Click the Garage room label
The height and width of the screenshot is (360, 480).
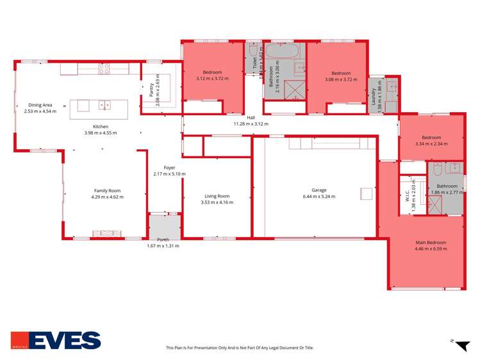tap(319, 190)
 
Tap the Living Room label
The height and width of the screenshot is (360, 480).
tap(217, 196)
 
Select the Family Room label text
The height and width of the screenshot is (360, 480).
tap(108, 191)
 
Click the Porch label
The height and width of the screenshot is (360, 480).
tap(163, 240)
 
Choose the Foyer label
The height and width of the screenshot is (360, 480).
tap(169, 168)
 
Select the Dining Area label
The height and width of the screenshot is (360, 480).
tap(40, 105)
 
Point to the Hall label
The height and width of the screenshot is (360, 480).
tap(251, 118)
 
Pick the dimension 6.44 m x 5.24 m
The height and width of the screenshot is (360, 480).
tap(319, 197)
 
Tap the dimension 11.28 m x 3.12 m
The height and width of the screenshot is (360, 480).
tap(251, 124)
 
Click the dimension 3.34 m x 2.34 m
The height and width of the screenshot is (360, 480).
tap(431, 144)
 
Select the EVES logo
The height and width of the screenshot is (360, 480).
tap(56, 340)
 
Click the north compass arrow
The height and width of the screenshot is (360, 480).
tap(461, 347)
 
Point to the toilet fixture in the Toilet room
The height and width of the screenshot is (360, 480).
tap(253, 49)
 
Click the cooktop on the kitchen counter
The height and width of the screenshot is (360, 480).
tap(104, 69)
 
